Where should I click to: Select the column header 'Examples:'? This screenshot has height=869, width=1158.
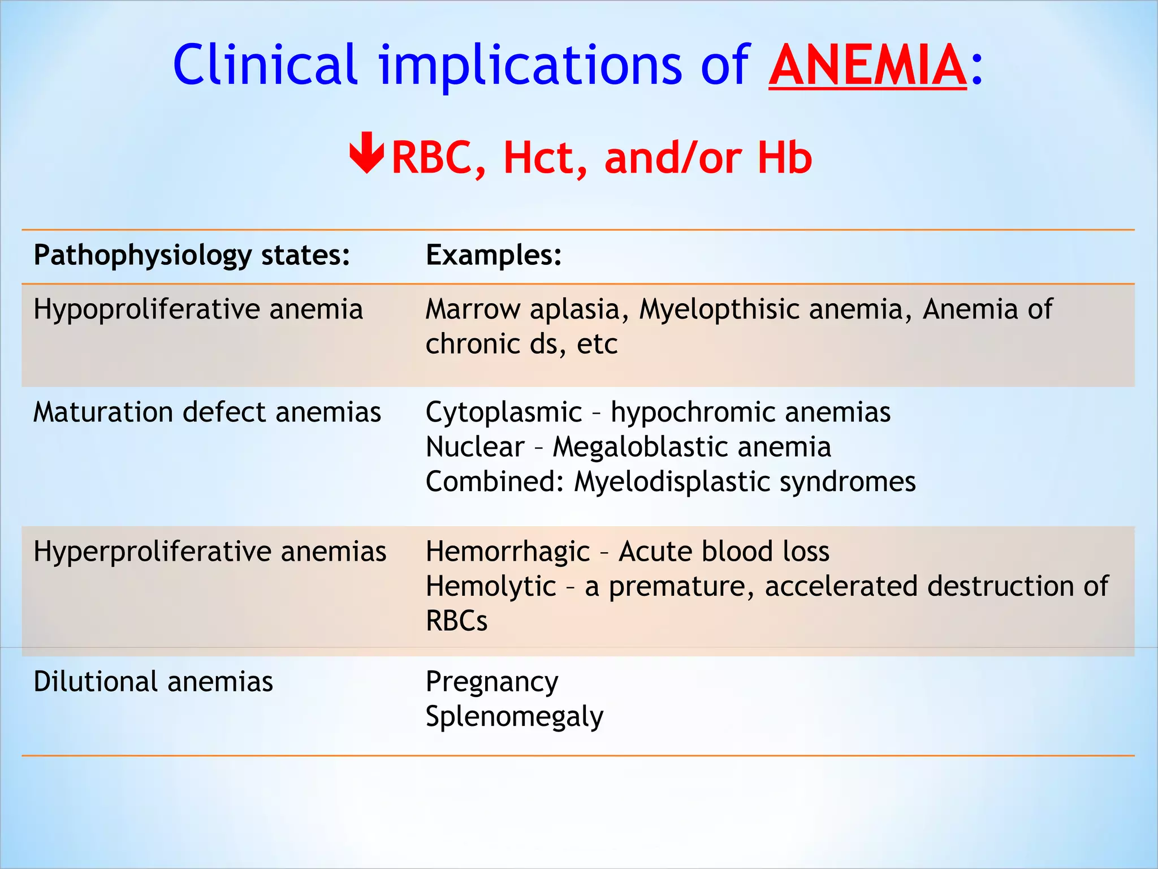coord(494,255)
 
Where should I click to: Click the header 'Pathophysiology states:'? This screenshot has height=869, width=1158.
coord(192,255)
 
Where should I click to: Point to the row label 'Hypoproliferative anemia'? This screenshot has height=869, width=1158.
coord(198,309)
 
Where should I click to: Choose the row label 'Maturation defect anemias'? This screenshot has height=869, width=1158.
coord(207,412)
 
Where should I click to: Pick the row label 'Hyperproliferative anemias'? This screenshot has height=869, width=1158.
coord(210,551)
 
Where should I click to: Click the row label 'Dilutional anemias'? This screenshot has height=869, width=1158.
coord(153,681)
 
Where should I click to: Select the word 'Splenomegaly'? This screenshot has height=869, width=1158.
coord(515,717)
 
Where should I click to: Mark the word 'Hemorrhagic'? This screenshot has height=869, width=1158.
coord(508,552)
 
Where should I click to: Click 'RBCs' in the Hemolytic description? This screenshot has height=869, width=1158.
coord(456,621)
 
